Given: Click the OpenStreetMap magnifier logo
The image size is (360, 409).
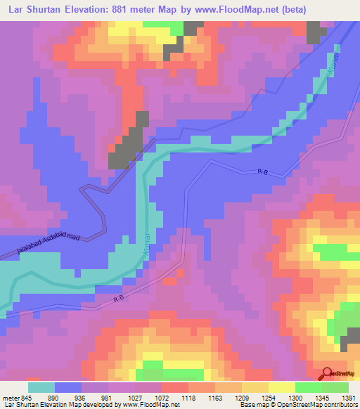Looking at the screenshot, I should pyautogui.click(x=327, y=373).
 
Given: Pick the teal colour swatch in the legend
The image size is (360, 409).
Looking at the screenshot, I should pyautogui.click(x=41, y=387).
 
